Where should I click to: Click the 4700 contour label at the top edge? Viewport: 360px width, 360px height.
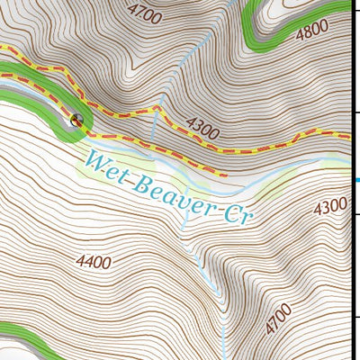tap(145, 13)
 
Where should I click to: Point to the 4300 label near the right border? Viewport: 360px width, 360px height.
tap(330, 206)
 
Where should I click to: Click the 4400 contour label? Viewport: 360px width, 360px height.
tap(94, 263)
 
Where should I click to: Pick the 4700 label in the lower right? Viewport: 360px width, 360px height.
tap(279, 320)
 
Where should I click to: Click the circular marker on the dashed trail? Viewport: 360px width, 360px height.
tap(76, 119)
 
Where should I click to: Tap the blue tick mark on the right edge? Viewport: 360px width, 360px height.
tap(356, 180)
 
